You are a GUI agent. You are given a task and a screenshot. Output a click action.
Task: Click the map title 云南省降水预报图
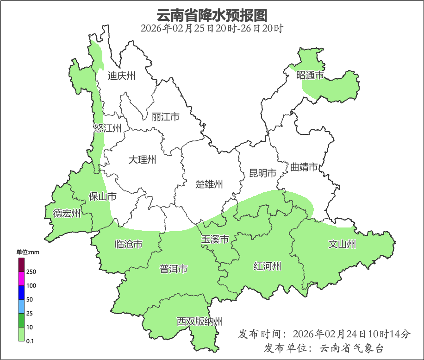tap(212, 15)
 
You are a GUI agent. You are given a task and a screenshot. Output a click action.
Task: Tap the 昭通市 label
tap(310, 75)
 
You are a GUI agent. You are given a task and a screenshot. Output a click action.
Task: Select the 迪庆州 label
tap(121, 76)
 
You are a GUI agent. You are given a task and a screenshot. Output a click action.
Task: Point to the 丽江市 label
tap(165, 117)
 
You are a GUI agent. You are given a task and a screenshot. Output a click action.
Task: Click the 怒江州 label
tap(107, 128)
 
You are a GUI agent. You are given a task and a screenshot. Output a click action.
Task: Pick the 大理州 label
tap(142, 160)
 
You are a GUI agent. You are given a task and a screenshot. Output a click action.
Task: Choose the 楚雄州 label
tap(209, 184)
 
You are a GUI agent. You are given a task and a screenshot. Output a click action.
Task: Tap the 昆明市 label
tap(262, 173)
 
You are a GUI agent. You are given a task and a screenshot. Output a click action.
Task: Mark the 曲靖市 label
tap(304, 167)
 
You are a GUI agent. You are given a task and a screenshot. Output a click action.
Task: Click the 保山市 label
tap(102, 196)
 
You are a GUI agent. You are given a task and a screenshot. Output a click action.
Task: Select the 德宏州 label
tap(67, 214)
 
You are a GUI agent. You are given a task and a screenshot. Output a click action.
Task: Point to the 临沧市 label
tap(128, 244)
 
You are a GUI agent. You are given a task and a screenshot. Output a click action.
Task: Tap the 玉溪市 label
tap(215, 240)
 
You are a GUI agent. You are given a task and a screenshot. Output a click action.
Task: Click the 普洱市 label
tap(174, 269)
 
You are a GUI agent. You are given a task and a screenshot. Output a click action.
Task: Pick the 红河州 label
tap(268, 266)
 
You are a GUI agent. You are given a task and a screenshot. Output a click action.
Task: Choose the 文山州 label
tap(342, 244)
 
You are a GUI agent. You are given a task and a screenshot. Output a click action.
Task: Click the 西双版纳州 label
tap(200, 322)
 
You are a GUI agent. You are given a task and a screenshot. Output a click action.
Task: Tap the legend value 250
tap(31, 272)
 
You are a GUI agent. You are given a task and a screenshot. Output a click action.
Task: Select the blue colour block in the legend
tap(21, 292)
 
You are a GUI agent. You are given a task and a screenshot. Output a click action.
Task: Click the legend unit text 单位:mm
tap(28, 253)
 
